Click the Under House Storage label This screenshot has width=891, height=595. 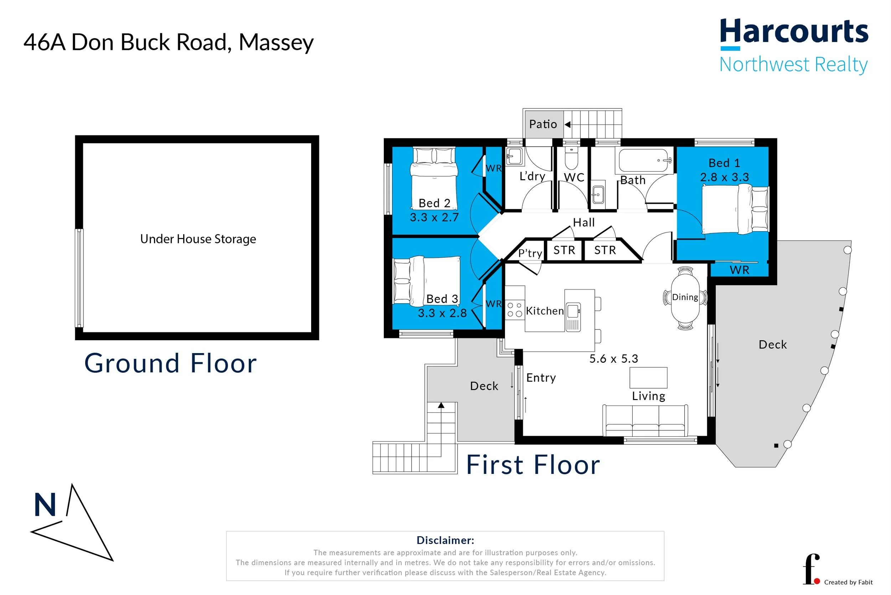click(198, 239)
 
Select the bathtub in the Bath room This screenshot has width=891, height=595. click(643, 161)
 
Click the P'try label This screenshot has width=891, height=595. click(530, 253)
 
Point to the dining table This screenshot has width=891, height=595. click(685, 298)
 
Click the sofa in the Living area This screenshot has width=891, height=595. click(645, 421)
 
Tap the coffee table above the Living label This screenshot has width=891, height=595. click(648, 378)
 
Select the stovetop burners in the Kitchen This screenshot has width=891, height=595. click(515, 310)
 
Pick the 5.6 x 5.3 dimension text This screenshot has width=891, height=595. click(613, 358)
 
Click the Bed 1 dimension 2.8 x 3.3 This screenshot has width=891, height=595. click(724, 177)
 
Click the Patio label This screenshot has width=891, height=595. click(543, 124)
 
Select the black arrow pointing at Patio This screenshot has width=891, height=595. click(568, 124)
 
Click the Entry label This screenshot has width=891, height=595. click(541, 378)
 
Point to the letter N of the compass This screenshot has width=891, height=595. click(45, 505)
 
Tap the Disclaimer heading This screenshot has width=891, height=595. click(445, 540)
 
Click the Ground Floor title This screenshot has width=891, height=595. click(170, 363)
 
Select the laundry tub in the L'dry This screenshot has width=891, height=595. click(514, 156)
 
